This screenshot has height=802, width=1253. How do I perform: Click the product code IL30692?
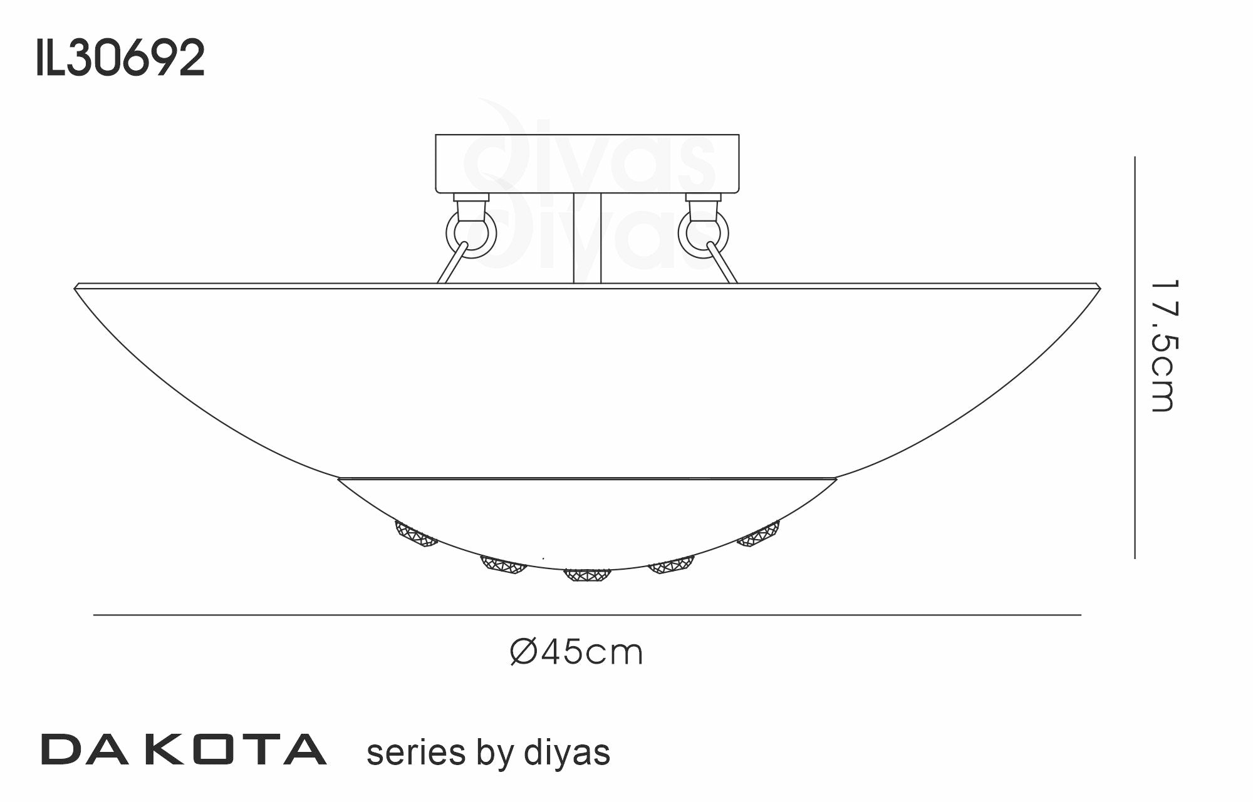click(x=120, y=58)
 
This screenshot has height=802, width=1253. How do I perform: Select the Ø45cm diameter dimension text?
click(x=576, y=652)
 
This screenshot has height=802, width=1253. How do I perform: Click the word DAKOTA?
click(x=184, y=750)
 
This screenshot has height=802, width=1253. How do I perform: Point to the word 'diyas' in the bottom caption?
click(x=566, y=753)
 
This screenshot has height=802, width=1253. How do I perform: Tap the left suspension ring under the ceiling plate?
click(x=471, y=234)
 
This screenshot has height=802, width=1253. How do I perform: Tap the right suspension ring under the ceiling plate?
click(x=704, y=234)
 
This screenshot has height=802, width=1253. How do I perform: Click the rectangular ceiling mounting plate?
click(x=587, y=163)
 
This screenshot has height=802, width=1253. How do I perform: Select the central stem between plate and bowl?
click(x=587, y=238)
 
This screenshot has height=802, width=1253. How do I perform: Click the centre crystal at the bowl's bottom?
click(x=587, y=575)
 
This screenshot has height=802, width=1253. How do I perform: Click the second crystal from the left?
click(x=503, y=565)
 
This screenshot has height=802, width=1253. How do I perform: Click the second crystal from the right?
click(x=672, y=565)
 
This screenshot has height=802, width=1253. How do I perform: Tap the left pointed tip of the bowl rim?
click(x=76, y=287)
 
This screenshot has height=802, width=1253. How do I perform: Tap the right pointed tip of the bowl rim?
click(x=1099, y=287)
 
